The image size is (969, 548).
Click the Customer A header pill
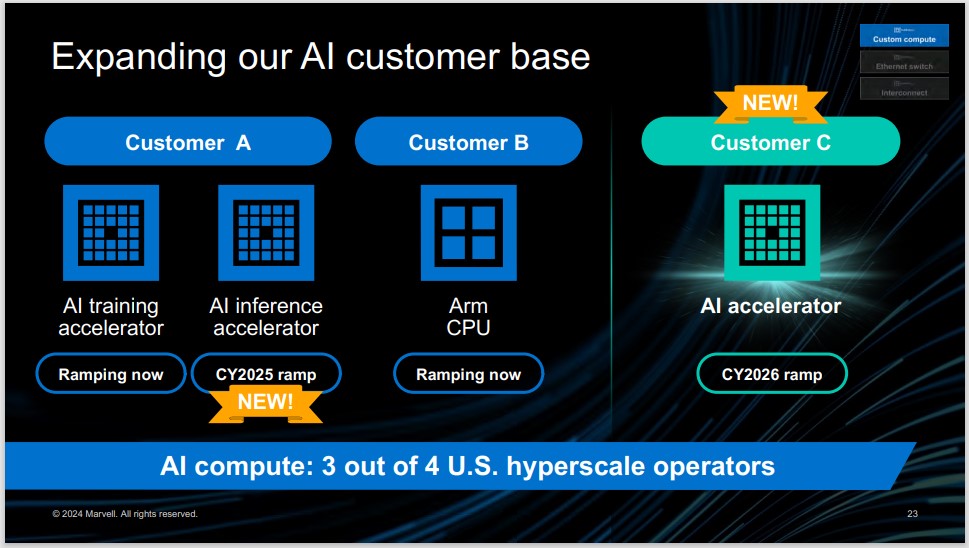tap(187, 142)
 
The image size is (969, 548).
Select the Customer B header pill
tap(468, 142)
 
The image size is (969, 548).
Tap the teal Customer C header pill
tap(770, 142)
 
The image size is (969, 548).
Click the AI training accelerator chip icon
tap(110, 232)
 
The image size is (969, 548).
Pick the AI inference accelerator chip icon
tap(266, 232)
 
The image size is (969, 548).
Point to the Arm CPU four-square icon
tap(468, 232)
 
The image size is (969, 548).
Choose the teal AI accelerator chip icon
tap(771, 232)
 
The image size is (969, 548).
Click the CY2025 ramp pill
tap(266, 374)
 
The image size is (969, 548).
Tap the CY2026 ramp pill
tap(771, 374)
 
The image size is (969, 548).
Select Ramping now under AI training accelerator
tap(110, 374)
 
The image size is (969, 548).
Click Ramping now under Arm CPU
tap(468, 374)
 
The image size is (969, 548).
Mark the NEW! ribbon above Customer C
tap(770, 101)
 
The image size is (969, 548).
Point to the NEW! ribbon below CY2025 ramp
tap(265, 402)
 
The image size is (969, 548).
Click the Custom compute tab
tap(904, 35)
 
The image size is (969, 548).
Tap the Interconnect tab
tap(904, 89)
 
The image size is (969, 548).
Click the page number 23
tap(912, 514)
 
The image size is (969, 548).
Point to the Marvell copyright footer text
tap(125, 514)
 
